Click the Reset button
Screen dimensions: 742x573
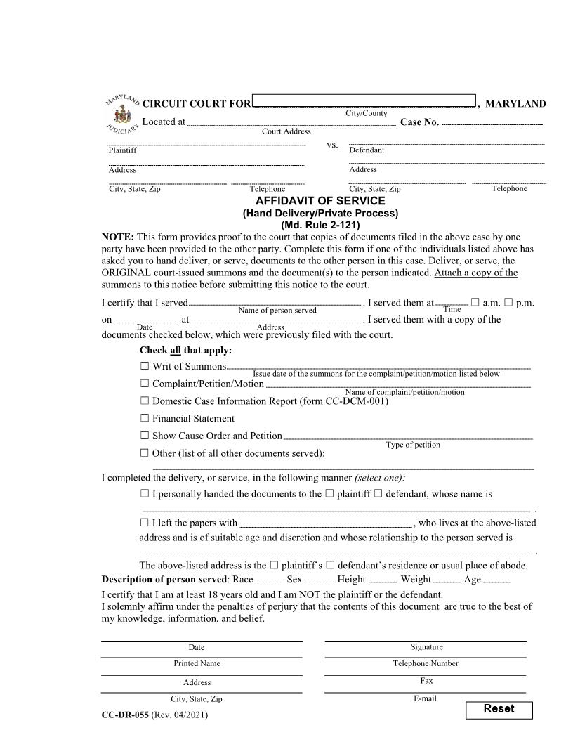point(499,710)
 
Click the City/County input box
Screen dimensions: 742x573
point(363,100)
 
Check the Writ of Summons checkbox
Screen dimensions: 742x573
point(145,366)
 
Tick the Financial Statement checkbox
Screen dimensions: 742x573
point(145,418)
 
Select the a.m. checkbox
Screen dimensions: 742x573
point(475,303)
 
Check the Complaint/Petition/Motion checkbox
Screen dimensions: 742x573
point(145,384)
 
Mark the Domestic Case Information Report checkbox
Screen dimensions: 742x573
point(145,401)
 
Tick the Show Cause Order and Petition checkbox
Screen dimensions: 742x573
point(145,436)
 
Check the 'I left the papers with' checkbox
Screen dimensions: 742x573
point(145,523)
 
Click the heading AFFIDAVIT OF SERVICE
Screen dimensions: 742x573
point(320,201)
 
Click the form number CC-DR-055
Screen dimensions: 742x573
point(125,715)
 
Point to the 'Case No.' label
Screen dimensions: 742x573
point(419,122)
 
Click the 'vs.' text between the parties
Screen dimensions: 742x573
point(333,145)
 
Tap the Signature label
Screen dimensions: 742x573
point(426,646)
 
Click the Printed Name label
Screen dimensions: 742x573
point(197,663)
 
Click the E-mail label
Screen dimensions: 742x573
point(426,698)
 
